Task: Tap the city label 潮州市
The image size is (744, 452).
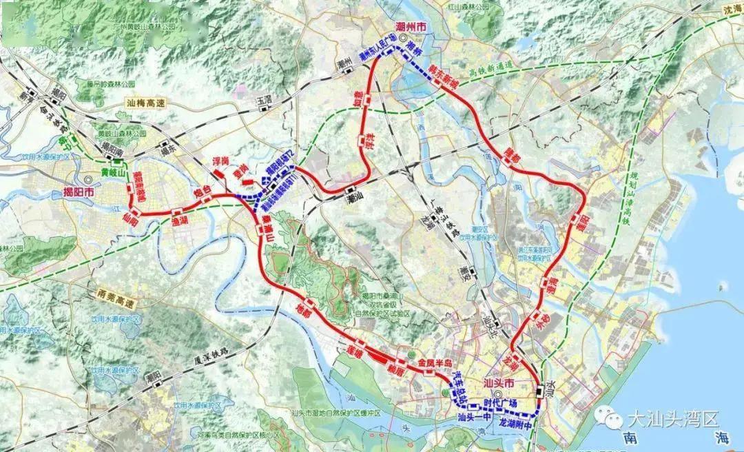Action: [412, 26]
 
